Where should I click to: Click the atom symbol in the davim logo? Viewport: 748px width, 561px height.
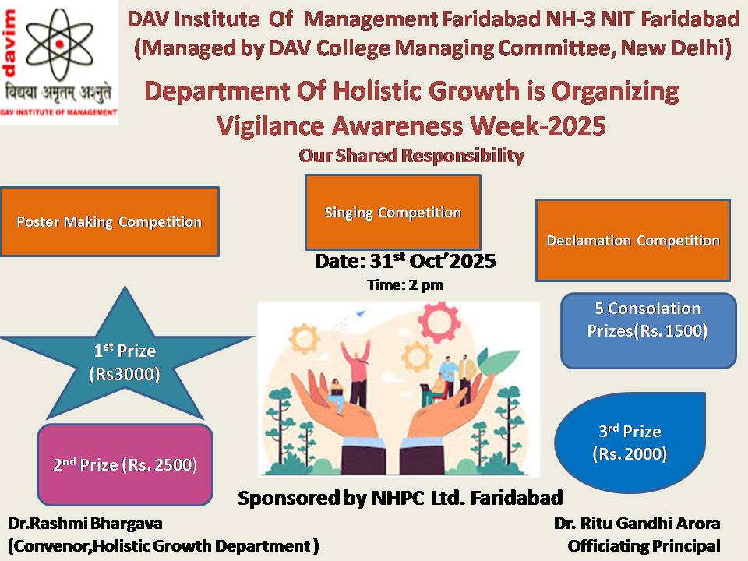(x=59, y=44)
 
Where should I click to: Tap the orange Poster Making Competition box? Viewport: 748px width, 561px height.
(x=109, y=222)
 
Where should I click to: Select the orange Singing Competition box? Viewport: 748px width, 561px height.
(x=393, y=212)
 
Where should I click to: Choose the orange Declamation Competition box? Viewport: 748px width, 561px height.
(x=633, y=240)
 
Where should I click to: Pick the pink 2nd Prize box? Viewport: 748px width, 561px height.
(x=125, y=464)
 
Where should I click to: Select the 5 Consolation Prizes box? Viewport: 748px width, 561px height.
(x=648, y=330)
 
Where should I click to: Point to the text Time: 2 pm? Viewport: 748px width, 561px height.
(x=405, y=285)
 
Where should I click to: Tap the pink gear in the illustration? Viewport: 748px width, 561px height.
(x=439, y=319)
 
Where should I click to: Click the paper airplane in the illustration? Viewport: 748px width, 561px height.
(x=361, y=314)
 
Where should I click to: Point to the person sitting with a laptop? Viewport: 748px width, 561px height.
(x=337, y=396)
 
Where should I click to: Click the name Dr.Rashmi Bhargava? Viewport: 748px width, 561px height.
(x=86, y=524)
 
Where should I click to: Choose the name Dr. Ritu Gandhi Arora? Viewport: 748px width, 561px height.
(x=637, y=524)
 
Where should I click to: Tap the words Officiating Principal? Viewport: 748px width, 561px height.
(x=644, y=545)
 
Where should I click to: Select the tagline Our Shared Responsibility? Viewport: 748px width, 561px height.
(x=411, y=156)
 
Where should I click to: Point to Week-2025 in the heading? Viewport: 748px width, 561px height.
(x=538, y=125)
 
